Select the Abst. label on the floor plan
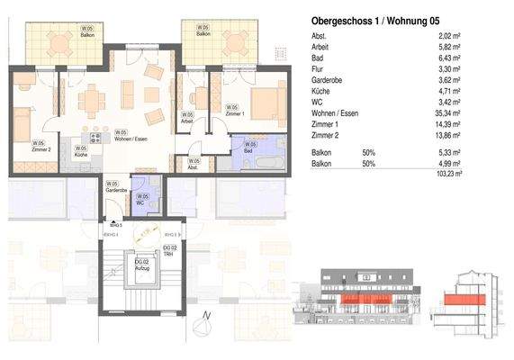coord(194,166)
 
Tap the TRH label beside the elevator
coord(168,253)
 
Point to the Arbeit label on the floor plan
coord(186,120)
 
